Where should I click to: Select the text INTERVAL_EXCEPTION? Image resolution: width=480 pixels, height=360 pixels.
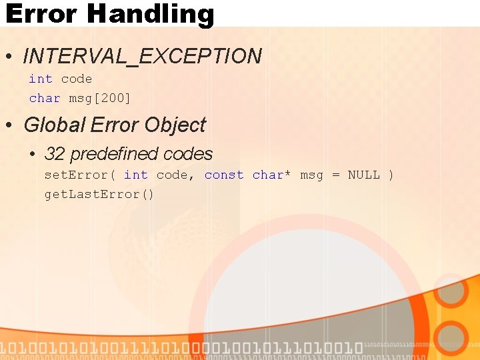143,57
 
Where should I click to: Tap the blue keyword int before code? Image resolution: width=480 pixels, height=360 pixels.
40,79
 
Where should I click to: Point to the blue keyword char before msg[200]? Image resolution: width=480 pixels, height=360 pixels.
45,98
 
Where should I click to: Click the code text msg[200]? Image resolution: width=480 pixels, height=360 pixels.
100,98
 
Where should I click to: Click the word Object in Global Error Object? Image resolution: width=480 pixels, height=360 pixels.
175,125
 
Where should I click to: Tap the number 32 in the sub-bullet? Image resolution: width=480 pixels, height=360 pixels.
55,154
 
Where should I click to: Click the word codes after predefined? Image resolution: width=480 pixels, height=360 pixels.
187,154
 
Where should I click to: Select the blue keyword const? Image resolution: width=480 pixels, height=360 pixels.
224,175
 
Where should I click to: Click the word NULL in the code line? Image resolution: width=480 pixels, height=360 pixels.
364,175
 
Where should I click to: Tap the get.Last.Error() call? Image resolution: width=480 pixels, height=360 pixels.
99,194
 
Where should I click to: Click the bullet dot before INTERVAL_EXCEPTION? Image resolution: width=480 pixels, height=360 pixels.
10,57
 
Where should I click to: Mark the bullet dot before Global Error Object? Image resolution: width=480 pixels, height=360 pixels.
10,125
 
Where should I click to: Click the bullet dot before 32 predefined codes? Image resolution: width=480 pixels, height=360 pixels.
33,155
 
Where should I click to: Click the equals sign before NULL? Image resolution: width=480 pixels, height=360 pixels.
335,175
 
